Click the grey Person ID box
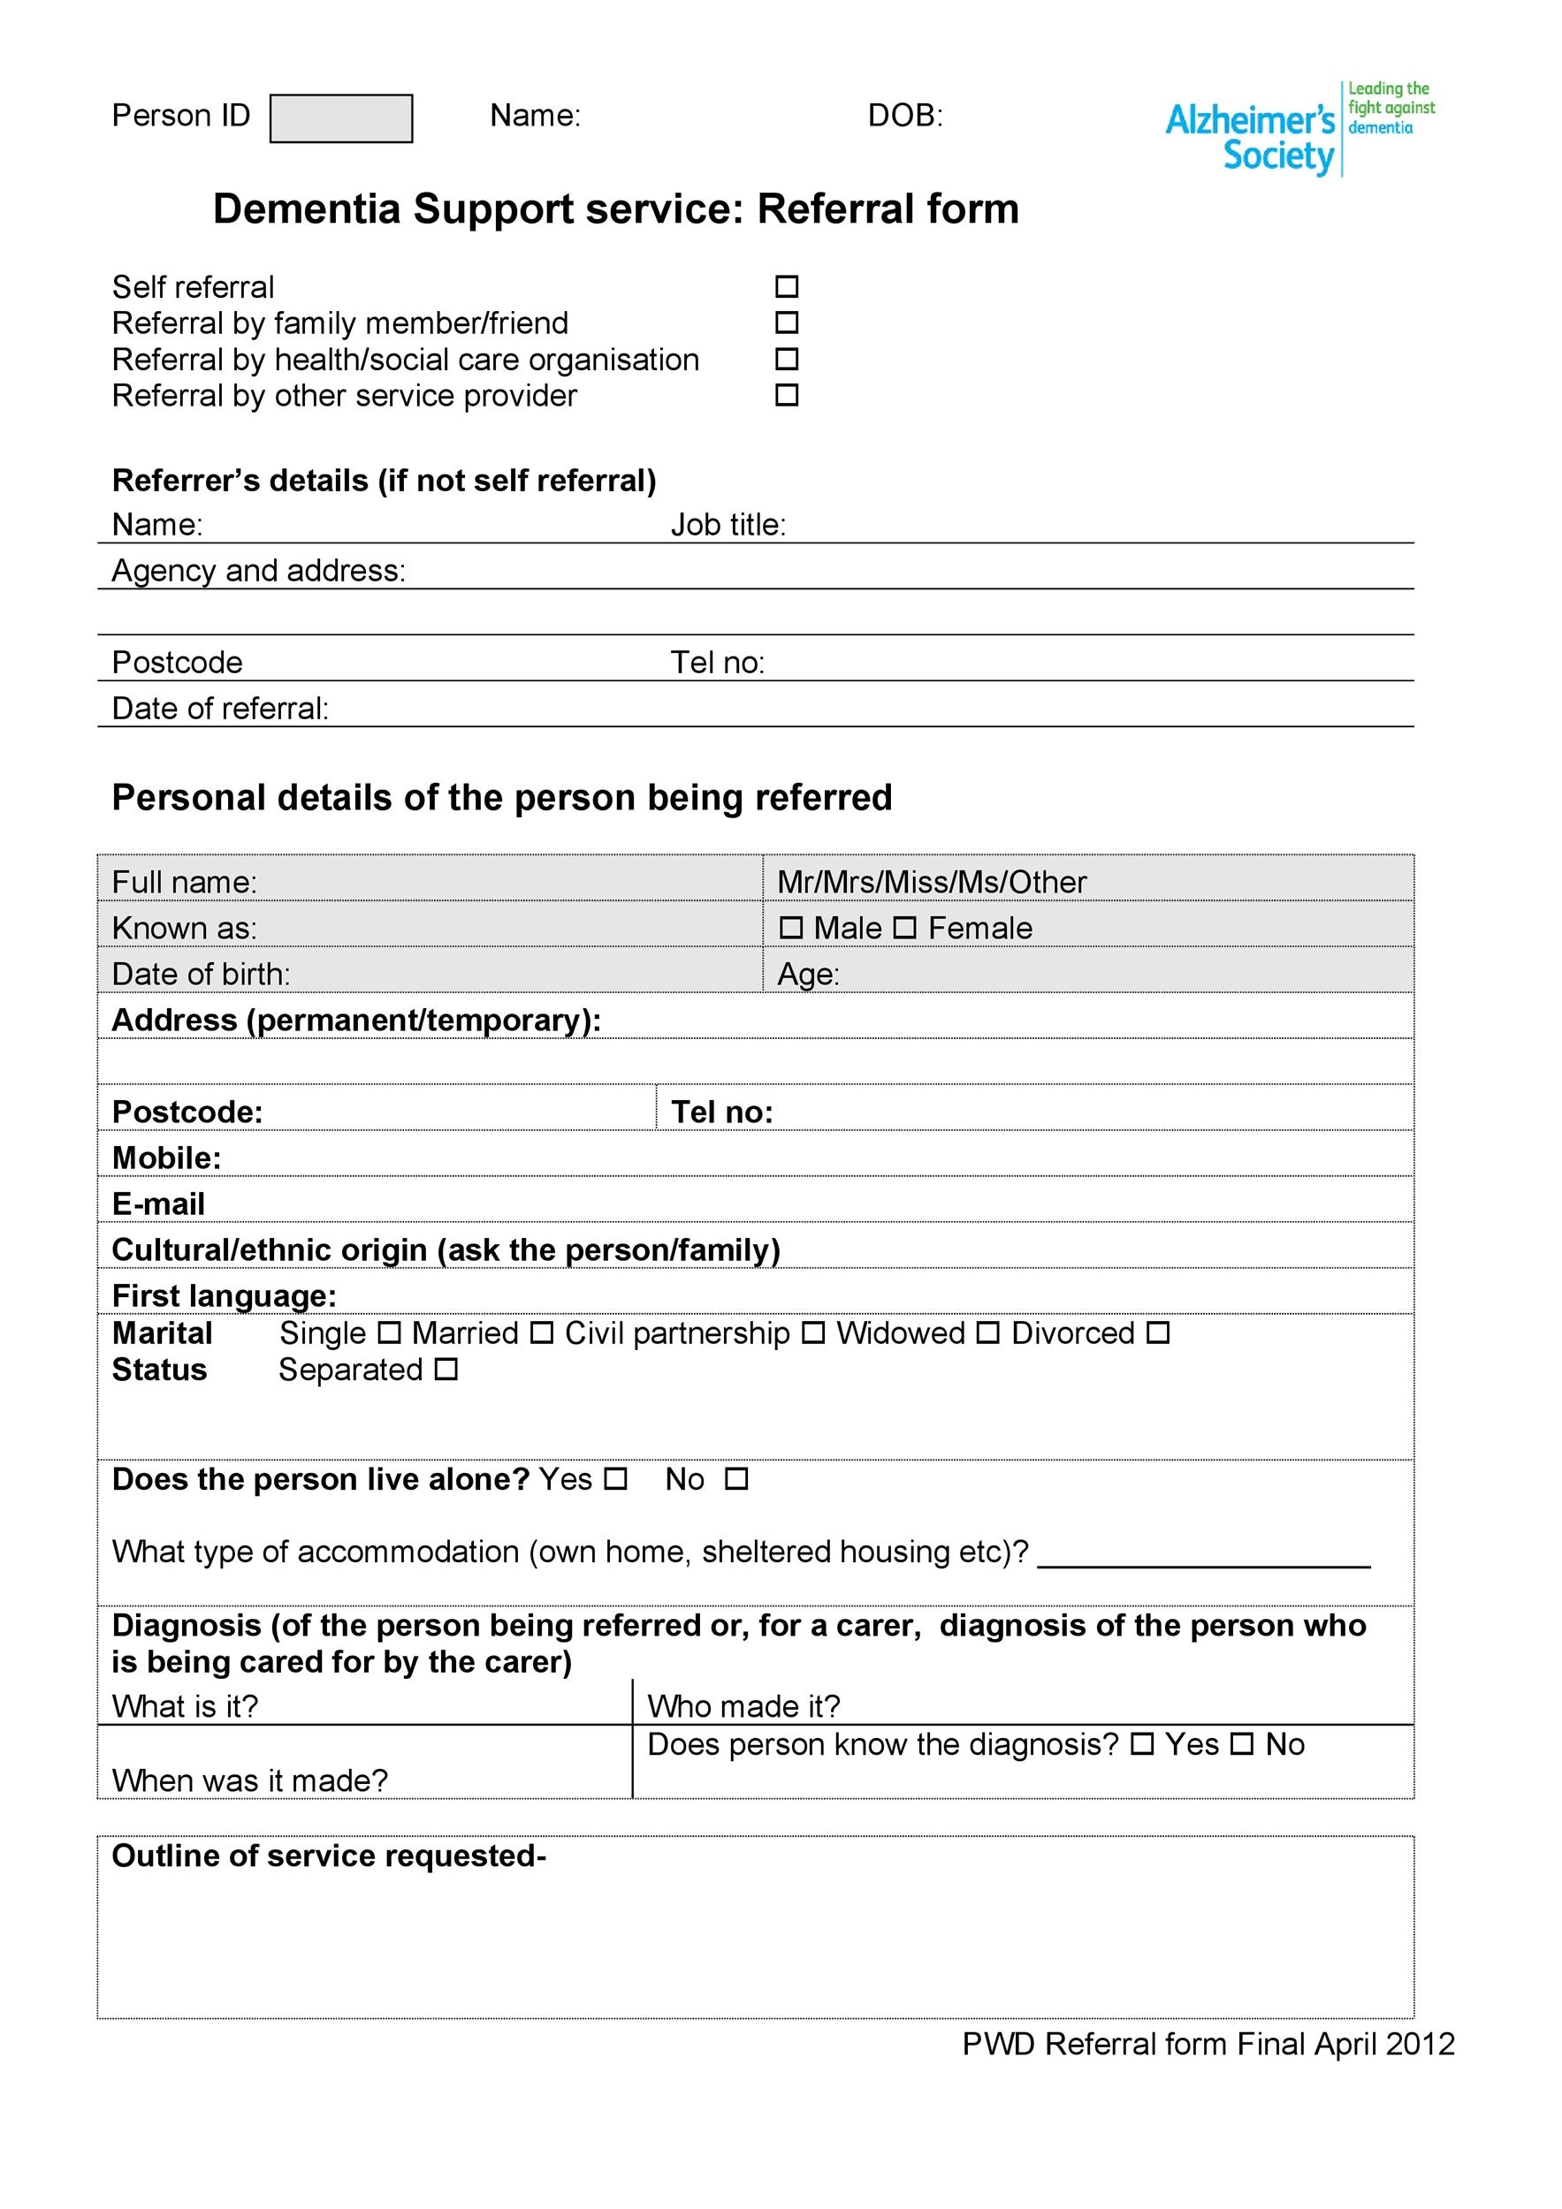[x=340, y=118]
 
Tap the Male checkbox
[x=791, y=928]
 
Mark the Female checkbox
[x=904, y=928]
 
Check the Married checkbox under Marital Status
[x=542, y=1333]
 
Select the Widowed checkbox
[x=988, y=1333]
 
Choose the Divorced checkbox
[x=1158, y=1333]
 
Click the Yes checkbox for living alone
[x=616, y=1479]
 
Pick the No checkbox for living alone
[x=736, y=1479]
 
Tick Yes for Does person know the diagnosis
[x=1141, y=1743]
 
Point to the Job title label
[x=728, y=526]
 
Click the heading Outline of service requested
[x=329, y=1855]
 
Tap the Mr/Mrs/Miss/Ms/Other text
[x=932, y=881]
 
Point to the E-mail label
[x=159, y=1203]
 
